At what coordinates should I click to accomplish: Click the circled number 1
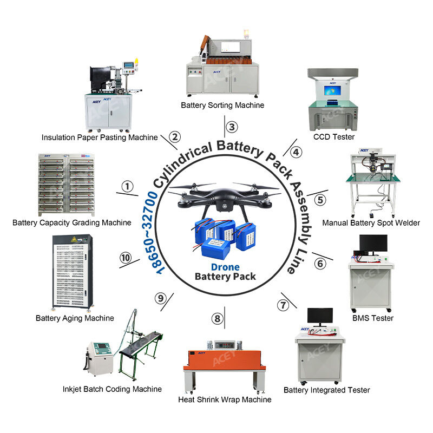point(127,187)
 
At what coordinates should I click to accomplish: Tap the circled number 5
point(321,200)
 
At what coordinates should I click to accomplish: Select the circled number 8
point(218,318)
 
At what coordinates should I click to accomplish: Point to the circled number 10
point(126,258)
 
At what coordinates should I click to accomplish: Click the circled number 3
point(232,127)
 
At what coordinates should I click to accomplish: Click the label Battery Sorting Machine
point(222,105)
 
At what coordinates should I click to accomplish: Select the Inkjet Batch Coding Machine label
point(111,389)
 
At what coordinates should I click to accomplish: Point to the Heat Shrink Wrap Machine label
point(225,399)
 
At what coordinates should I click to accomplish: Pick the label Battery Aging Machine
point(75,318)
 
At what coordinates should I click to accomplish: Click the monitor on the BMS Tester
point(372,245)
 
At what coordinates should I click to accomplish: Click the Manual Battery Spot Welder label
point(371,222)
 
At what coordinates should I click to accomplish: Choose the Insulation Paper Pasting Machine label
point(100,137)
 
